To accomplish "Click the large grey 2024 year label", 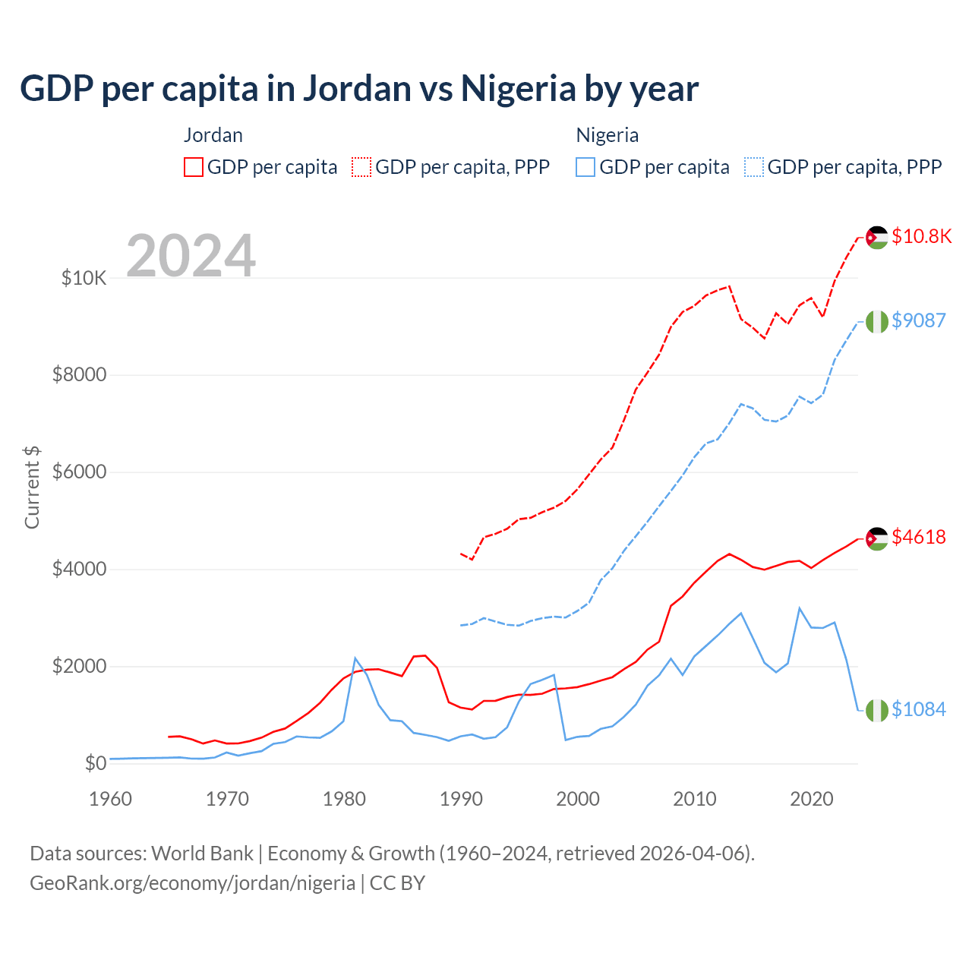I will pyautogui.click(x=191, y=256).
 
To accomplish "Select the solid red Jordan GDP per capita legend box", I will pyautogui.click(x=194, y=167).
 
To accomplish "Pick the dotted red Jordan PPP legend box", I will pyautogui.click(x=361, y=167).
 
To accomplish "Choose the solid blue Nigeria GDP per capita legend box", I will pyautogui.click(x=585, y=167).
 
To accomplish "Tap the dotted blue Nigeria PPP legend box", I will pyautogui.click(x=754, y=167).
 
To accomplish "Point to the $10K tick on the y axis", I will pyautogui.click(x=84, y=278).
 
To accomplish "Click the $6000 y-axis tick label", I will pyautogui.click(x=79, y=472).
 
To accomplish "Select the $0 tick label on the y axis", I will pyautogui.click(x=95, y=763).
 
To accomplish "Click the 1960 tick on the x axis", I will pyautogui.click(x=110, y=799).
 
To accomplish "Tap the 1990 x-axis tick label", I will pyautogui.click(x=461, y=799).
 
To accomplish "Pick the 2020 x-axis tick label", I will pyautogui.click(x=812, y=799).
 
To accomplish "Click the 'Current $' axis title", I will pyautogui.click(x=32, y=488).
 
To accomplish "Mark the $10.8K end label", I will pyautogui.click(x=921, y=236).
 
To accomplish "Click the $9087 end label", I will pyautogui.click(x=918, y=320).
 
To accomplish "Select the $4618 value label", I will pyautogui.click(x=918, y=537).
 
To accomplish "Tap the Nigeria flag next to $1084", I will pyautogui.click(x=877, y=710).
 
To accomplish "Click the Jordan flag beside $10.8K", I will pyautogui.click(x=877, y=237).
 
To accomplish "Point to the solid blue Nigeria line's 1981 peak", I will pyautogui.click(x=355, y=658).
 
